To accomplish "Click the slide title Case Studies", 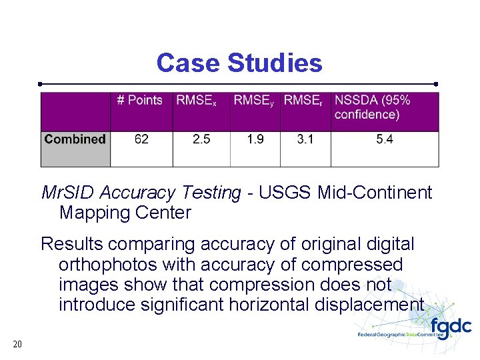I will (x=239, y=63).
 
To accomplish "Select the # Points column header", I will (x=139, y=101).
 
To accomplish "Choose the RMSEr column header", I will (x=303, y=101).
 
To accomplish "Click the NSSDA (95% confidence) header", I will (x=373, y=107).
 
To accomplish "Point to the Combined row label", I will (x=75, y=139).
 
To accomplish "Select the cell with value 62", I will (x=141, y=139).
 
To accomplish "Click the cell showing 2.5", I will (x=201, y=139).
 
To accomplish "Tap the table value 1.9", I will (x=255, y=139).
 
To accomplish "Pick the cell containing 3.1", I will (x=306, y=139).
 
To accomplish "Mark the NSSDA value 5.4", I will (x=385, y=139).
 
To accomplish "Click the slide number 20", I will (x=17, y=344).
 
